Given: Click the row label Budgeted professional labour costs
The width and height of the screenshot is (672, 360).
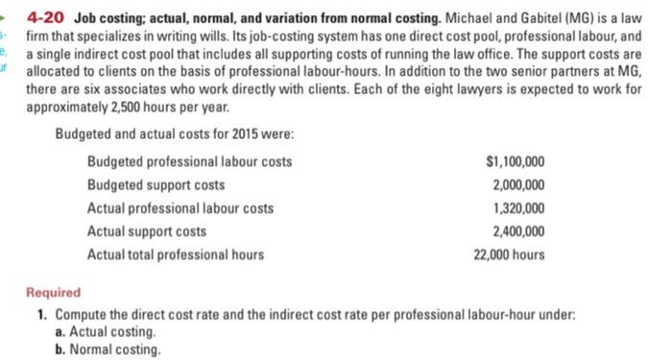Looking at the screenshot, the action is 189,161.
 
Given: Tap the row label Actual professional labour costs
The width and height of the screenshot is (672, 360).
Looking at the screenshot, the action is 180,208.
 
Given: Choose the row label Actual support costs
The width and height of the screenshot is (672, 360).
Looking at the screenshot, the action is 146,231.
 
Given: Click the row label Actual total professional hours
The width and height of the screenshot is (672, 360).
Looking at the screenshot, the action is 176,254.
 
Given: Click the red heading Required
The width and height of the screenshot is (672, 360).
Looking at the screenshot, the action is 54,293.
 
